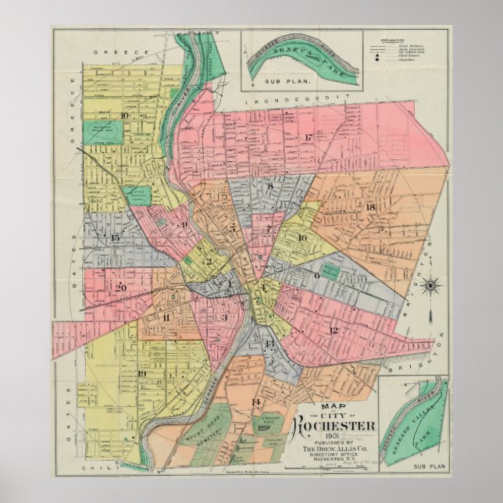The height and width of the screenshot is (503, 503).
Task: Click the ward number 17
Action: (309, 138)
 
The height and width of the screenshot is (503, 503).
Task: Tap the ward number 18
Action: (370, 206)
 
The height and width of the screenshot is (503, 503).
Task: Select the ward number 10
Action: (125, 115)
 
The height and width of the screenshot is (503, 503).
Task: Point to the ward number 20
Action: (121, 287)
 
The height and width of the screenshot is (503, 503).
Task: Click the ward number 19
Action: (141, 373)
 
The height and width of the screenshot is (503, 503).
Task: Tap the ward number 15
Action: (116, 237)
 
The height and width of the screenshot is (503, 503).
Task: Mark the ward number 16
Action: (301, 237)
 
